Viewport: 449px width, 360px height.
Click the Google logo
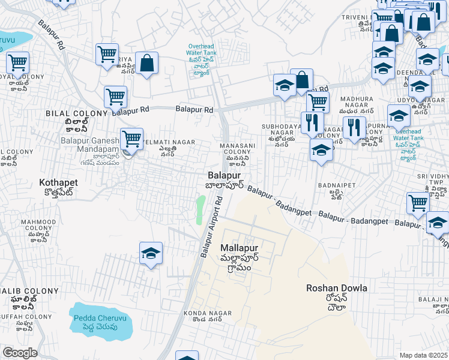click(x=20, y=353)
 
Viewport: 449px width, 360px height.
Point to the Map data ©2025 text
click(x=424, y=355)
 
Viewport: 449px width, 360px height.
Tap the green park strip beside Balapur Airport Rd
click(x=200, y=210)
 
